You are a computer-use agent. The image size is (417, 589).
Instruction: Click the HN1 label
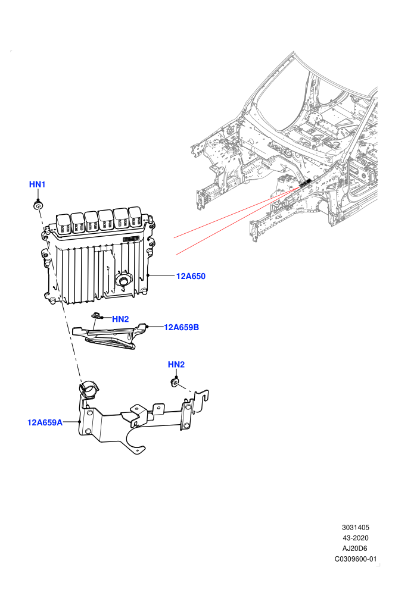point(37,184)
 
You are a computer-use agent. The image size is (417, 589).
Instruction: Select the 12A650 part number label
point(191,276)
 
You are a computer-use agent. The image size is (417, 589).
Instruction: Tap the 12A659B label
point(181,327)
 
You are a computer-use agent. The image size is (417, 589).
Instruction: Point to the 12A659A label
point(45,422)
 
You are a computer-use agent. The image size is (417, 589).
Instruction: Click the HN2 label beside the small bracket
point(120,319)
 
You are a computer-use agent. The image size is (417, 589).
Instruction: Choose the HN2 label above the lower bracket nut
point(176,364)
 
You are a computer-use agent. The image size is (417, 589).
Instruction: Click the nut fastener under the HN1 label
point(38,205)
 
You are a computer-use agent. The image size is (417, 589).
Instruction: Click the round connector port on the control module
point(123,280)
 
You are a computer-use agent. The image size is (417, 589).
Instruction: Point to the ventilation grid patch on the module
point(131,239)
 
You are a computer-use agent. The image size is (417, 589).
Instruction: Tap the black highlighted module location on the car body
point(305,184)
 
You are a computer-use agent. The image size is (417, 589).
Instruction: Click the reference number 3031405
point(355,527)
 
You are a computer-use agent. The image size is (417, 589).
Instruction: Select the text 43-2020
point(355,538)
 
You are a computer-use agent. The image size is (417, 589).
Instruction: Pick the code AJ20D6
point(354,549)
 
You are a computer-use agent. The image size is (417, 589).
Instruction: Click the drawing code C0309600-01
point(355,559)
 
